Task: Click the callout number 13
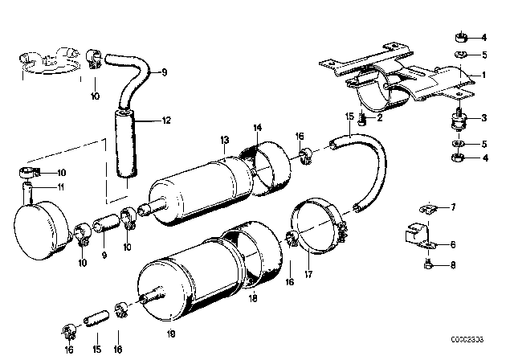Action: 225,139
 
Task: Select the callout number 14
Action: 257,128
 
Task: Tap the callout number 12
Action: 167,121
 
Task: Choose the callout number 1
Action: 483,75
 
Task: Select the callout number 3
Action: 483,119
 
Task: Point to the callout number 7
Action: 452,207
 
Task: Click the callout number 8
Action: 452,264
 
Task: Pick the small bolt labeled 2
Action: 363,121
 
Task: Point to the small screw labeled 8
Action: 430,262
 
